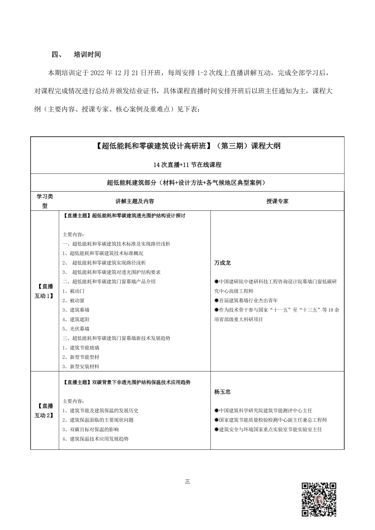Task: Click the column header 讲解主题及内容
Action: pos(134,201)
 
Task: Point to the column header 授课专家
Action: pos(277,201)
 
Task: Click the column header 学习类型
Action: pos(44,201)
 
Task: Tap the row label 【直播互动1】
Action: pos(44,290)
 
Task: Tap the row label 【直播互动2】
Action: pos(44,410)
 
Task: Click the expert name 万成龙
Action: pos(222,263)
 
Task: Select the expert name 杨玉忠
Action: pos(222,391)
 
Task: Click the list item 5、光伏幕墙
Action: pos(76,328)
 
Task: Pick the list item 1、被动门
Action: pos(73,290)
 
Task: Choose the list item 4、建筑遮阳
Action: pos(76,319)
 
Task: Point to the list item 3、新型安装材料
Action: pos(81,366)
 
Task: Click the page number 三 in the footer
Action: pos(187,481)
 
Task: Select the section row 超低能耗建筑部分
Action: pos(187,183)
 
